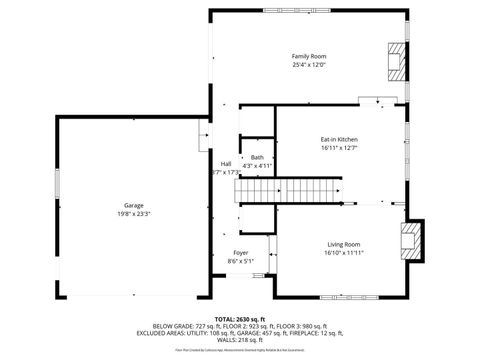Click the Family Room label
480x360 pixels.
pyautogui.click(x=309, y=56)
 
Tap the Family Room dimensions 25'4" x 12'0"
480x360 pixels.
pyautogui.click(x=309, y=65)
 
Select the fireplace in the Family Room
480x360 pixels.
pyautogui.click(x=398, y=61)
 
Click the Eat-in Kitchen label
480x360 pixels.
pyautogui.click(x=339, y=139)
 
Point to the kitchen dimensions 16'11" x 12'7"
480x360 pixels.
pyautogui.click(x=339, y=148)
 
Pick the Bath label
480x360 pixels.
pyautogui.click(x=257, y=157)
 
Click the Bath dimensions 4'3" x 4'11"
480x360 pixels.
pyautogui.click(x=257, y=165)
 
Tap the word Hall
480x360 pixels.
pyautogui.click(x=226, y=164)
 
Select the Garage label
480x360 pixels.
pyautogui.click(x=134, y=205)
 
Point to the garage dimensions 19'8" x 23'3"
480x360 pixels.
pyautogui.click(x=134, y=214)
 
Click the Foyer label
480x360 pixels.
pyautogui.click(x=241, y=253)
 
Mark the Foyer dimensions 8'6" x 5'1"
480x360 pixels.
pyautogui.click(x=241, y=262)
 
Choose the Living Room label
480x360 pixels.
pyautogui.click(x=343, y=245)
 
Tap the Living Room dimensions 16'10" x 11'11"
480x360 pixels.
pyautogui.click(x=343, y=254)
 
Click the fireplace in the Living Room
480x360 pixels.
pyautogui.click(x=410, y=241)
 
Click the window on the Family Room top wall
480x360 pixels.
pyautogui.click(x=291, y=11)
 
